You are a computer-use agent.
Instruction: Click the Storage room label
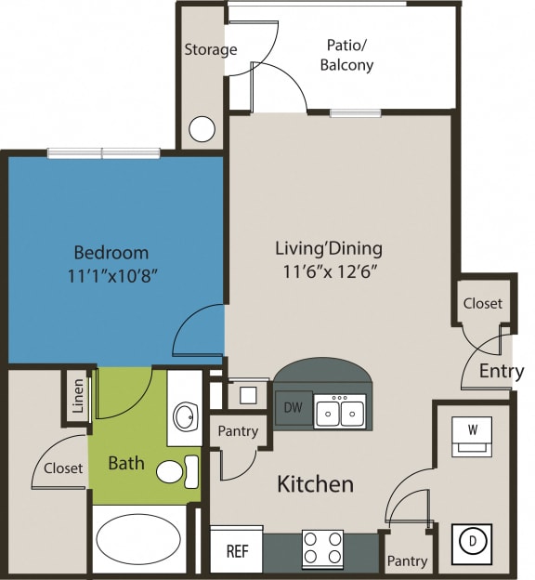(x=210, y=49)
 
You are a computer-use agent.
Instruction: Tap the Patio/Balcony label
(x=346, y=55)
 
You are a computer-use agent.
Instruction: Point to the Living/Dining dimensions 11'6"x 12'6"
(x=329, y=272)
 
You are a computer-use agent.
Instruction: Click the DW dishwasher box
(x=293, y=408)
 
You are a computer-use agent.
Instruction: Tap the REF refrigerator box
(x=237, y=551)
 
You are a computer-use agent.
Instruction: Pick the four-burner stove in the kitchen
(x=322, y=549)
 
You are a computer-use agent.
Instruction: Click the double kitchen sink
(x=340, y=410)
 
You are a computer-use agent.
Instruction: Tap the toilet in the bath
(x=176, y=471)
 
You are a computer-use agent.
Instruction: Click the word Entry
(x=502, y=372)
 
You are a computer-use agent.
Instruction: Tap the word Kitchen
(x=316, y=484)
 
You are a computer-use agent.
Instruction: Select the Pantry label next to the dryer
(x=407, y=561)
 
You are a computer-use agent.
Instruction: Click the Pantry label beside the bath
(x=237, y=431)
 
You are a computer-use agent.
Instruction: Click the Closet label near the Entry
(x=482, y=303)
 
